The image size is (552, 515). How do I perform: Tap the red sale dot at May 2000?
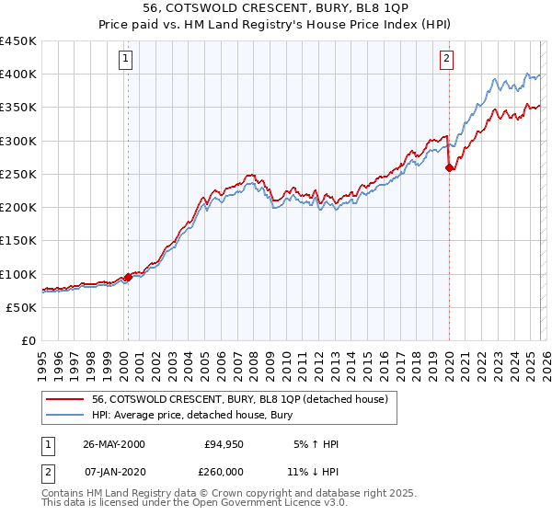(x=128, y=277)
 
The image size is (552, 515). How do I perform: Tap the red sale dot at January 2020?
(x=449, y=167)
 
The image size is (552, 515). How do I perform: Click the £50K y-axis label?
(x=22, y=308)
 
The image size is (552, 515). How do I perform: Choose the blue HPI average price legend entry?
(x=192, y=415)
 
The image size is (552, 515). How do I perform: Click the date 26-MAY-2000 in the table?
(x=113, y=444)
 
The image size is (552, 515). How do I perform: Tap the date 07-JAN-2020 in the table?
(x=113, y=470)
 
